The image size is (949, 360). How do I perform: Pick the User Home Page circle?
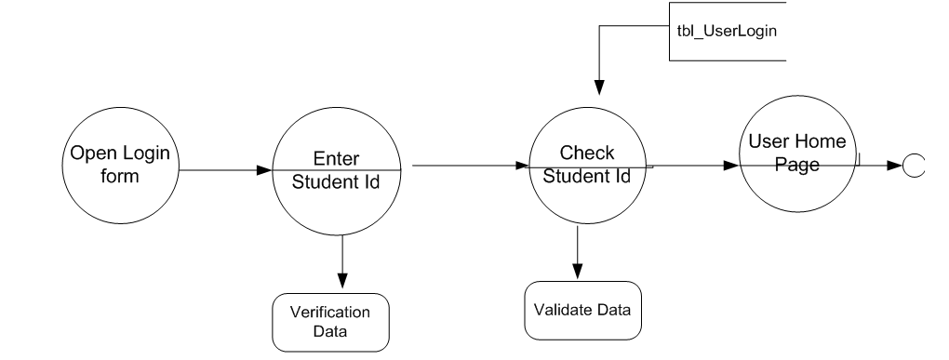click(x=794, y=163)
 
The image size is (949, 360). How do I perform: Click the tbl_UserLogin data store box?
click(x=727, y=31)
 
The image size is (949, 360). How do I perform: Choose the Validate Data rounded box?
click(x=583, y=310)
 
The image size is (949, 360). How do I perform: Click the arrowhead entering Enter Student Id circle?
click(x=263, y=171)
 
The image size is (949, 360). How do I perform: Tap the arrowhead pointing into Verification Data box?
click(x=342, y=282)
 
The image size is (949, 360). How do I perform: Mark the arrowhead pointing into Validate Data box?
click(x=578, y=271)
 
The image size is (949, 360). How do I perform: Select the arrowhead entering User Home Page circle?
click(x=732, y=167)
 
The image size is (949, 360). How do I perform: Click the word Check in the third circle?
click(x=586, y=153)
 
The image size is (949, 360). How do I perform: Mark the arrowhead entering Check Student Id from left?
click(x=523, y=167)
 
